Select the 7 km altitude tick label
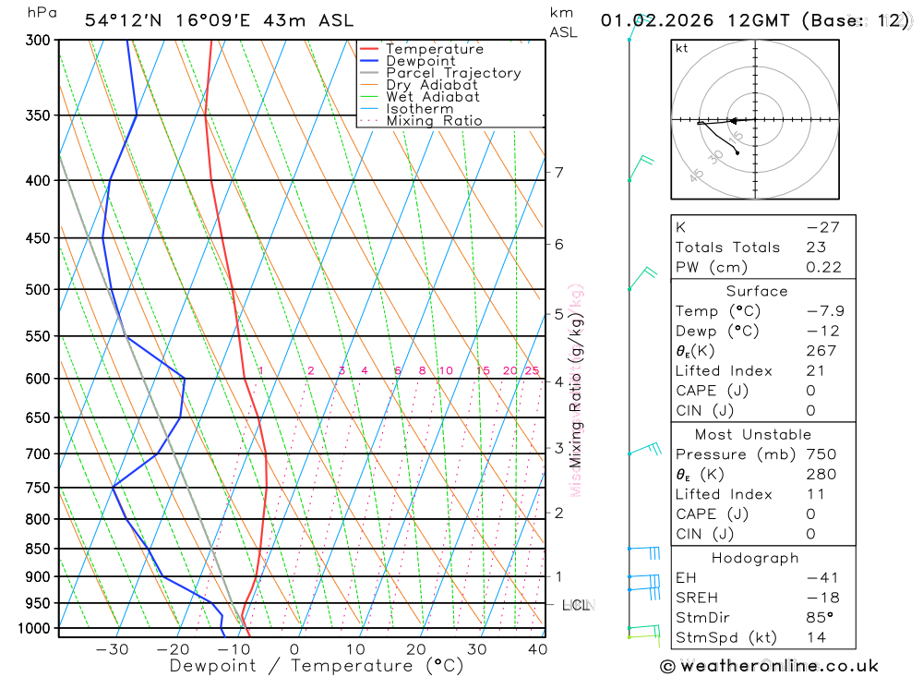(558, 173)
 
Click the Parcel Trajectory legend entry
(453, 73)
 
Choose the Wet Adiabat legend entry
(433, 97)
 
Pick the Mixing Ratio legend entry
(434, 121)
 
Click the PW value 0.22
(824, 267)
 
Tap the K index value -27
(819, 227)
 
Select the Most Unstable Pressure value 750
(821, 454)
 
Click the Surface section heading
(757, 291)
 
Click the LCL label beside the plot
(575, 606)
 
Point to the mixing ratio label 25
(532, 371)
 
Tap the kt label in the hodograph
(681, 48)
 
